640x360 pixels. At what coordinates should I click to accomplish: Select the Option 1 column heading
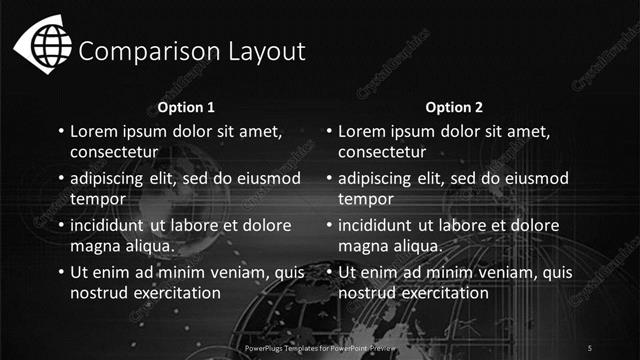(x=187, y=107)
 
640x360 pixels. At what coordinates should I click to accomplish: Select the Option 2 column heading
(x=454, y=107)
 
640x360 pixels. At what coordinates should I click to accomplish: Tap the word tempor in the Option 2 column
(x=366, y=199)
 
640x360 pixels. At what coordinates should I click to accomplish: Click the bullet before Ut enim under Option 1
(x=60, y=272)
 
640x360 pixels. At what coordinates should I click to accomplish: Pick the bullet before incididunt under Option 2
(x=327, y=225)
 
